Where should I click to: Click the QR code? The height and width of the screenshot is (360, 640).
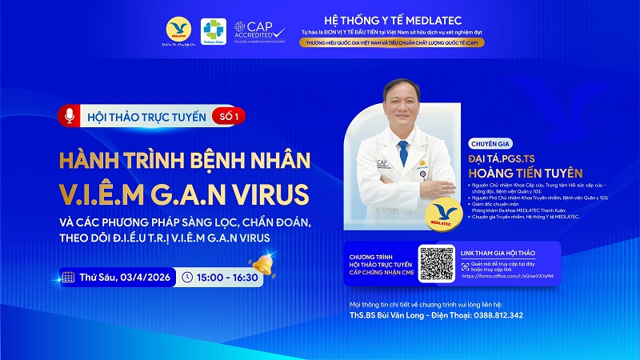click(x=436, y=263)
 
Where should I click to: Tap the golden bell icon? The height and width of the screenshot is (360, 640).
click(x=261, y=264)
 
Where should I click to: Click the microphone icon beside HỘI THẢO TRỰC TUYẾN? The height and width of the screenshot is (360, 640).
click(x=70, y=116)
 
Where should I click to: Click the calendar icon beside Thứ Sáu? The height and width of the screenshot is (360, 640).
click(x=69, y=278)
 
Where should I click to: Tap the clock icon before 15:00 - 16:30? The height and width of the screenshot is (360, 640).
click(x=187, y=278)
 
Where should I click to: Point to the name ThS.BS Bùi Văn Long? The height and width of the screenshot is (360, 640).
click(x=397, y=315)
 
